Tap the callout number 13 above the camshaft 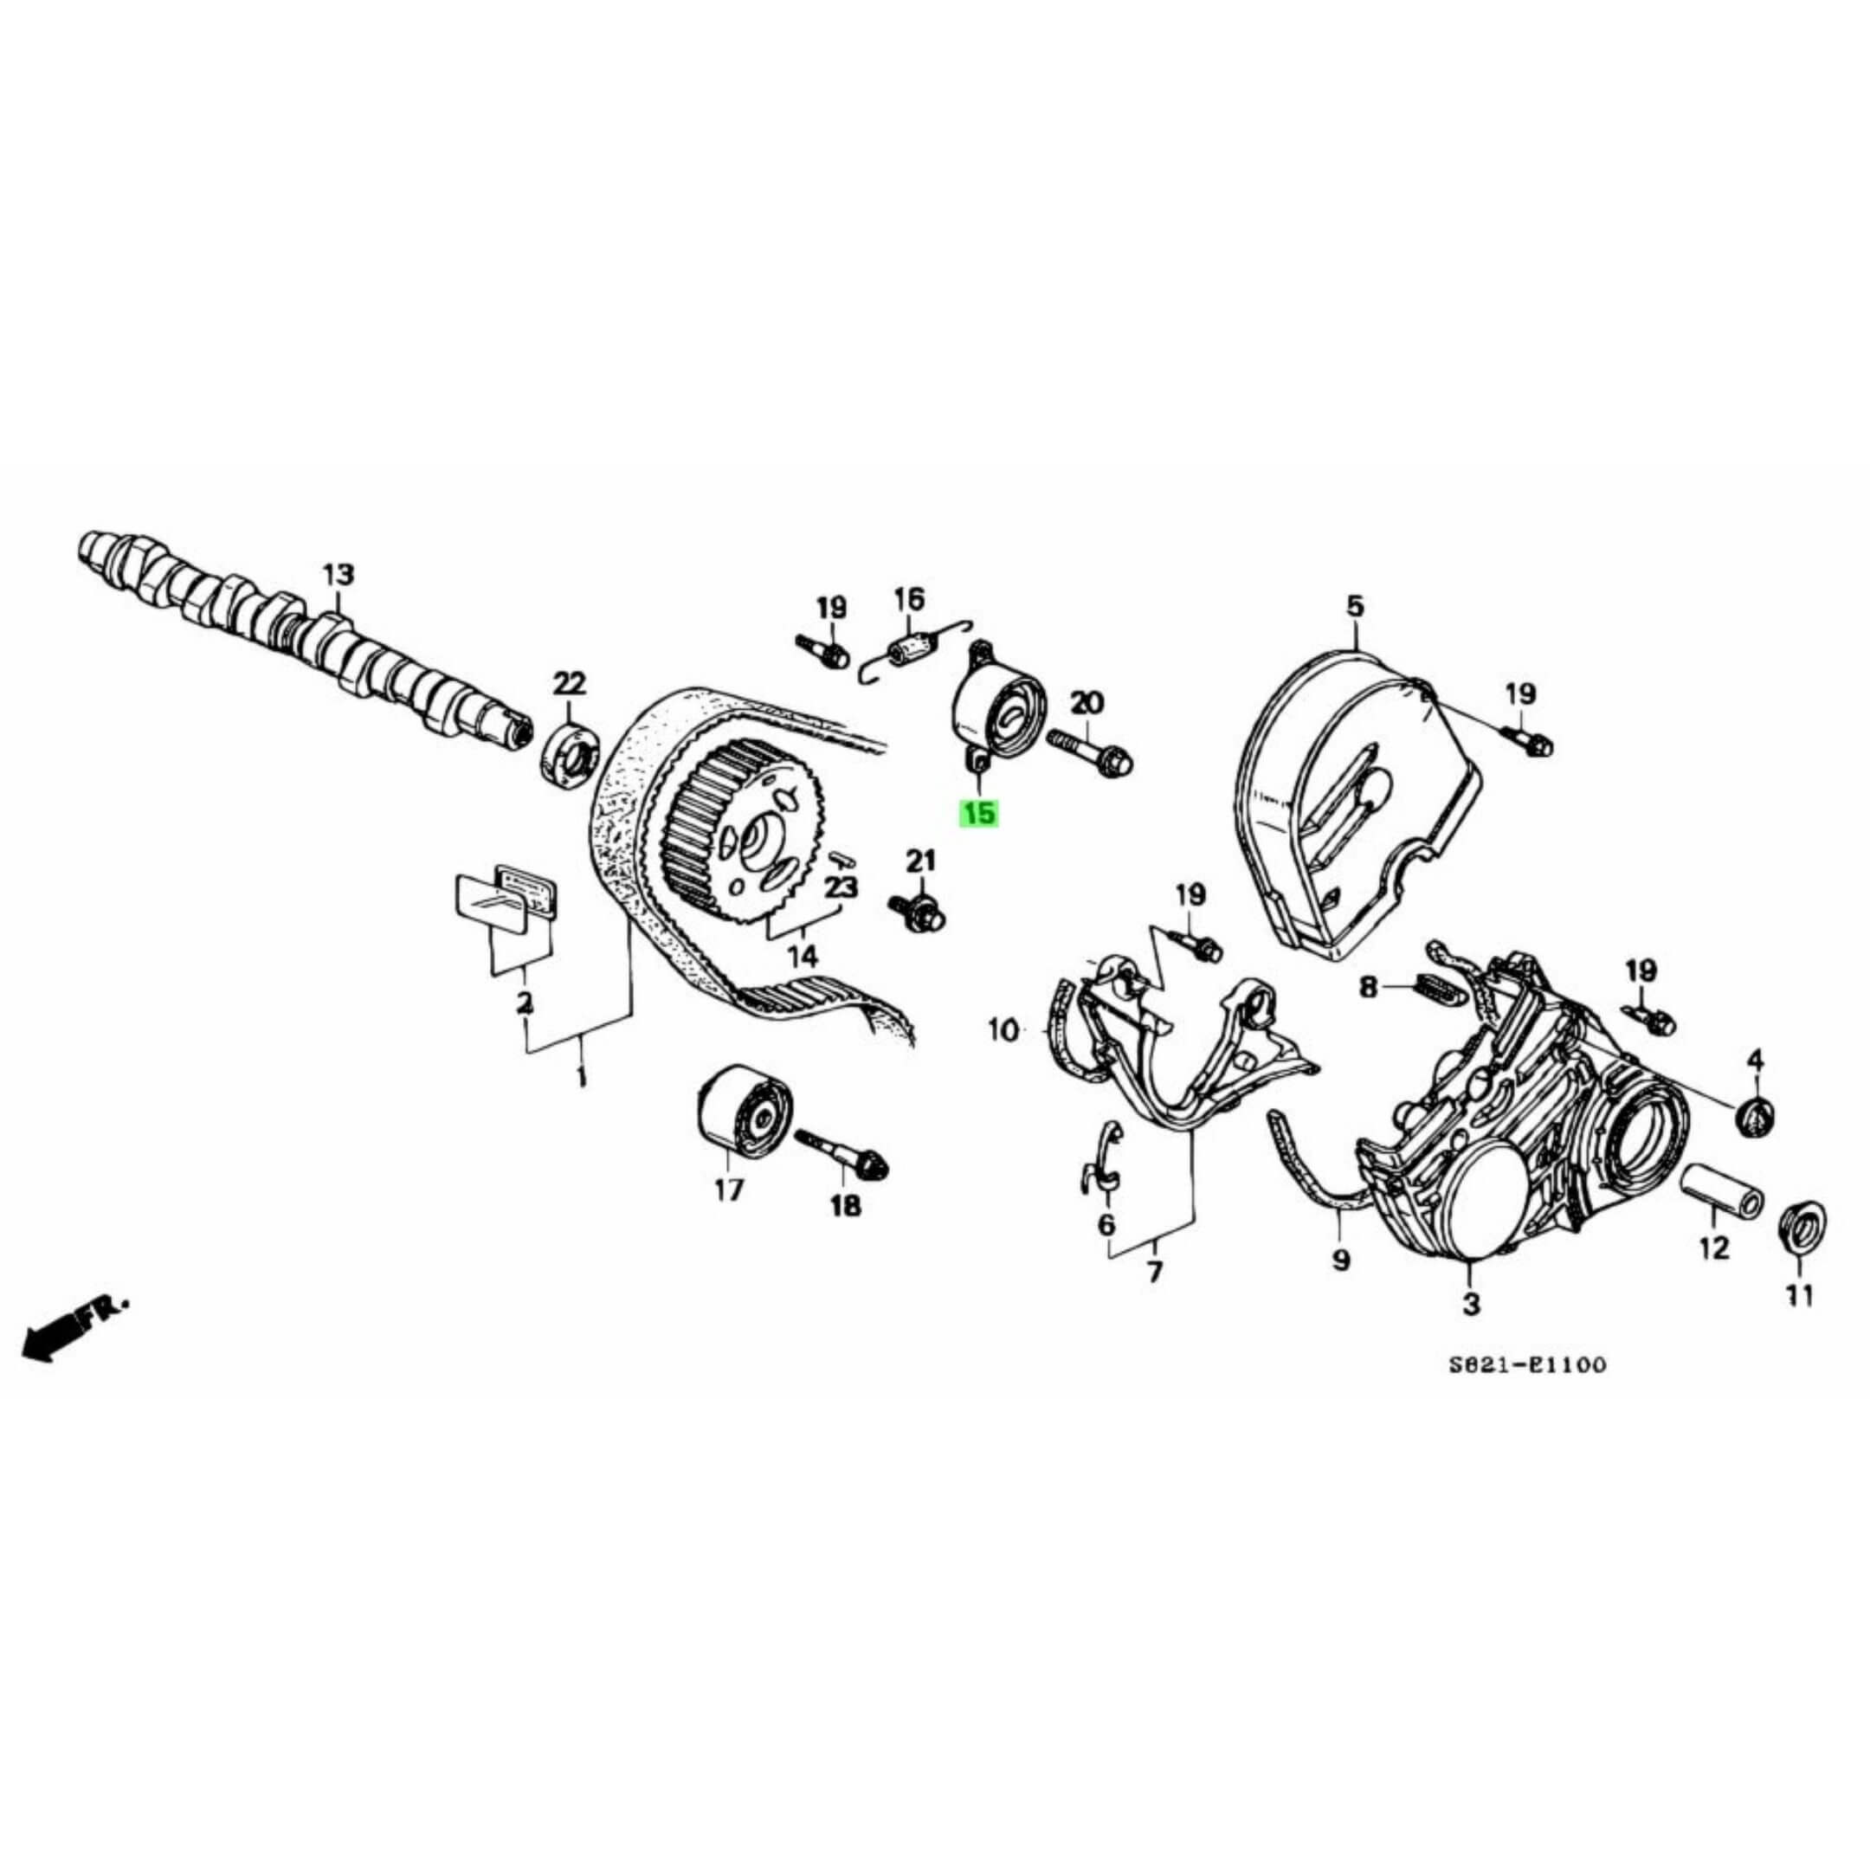click(x=338, y=574)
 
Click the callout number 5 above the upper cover click(x=1354, y=607)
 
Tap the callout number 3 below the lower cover click(x=1470, y=1305)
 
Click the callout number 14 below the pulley click(x=803, y=957)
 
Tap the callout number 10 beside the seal click(x=1003, y=1032)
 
